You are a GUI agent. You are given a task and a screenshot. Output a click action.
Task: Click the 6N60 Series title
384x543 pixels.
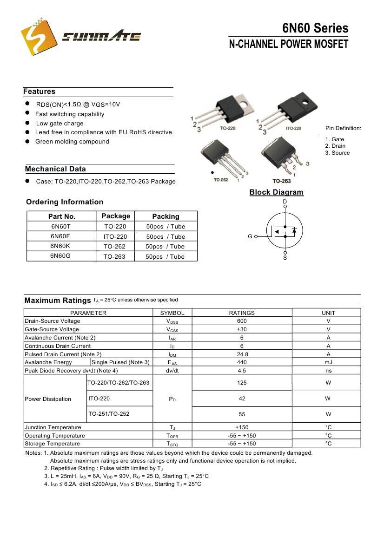[x=315, y=28]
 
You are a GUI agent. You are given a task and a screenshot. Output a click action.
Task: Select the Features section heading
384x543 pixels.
[x=40, y=92]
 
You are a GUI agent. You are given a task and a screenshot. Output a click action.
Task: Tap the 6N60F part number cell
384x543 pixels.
[x=60, y=236]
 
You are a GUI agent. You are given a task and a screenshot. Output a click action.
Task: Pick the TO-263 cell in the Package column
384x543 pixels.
[x=114, y=256]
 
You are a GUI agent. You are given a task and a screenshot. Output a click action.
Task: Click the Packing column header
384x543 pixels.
[x=166, y=216]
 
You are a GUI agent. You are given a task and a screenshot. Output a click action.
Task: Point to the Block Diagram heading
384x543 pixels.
[x=276, y=192]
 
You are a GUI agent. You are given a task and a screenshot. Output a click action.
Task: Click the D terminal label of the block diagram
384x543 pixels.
[x=285, y=202]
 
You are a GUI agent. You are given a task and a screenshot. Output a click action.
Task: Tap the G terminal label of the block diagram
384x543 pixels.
[x=250, y=236]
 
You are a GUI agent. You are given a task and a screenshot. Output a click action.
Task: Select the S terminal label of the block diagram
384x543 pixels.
[x=285, y=258]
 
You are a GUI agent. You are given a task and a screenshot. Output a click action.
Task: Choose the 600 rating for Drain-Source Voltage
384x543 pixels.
[x=242, y=321]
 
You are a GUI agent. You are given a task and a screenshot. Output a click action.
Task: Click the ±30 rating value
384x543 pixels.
[x=242, y=329]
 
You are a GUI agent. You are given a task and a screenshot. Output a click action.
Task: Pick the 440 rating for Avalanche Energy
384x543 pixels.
[x=242, y=362]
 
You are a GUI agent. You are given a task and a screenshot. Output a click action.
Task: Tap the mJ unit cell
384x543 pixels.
[x=328, y=362]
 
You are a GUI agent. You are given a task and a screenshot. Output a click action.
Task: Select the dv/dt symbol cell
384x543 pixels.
[x=172, y=371]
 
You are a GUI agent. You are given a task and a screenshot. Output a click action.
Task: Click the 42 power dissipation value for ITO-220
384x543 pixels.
[x=242, y=399]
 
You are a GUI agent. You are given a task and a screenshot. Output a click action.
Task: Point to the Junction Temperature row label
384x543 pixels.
[x=53, y=427]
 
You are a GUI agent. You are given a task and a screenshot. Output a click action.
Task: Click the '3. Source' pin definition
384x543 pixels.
[x=338, y=153]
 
